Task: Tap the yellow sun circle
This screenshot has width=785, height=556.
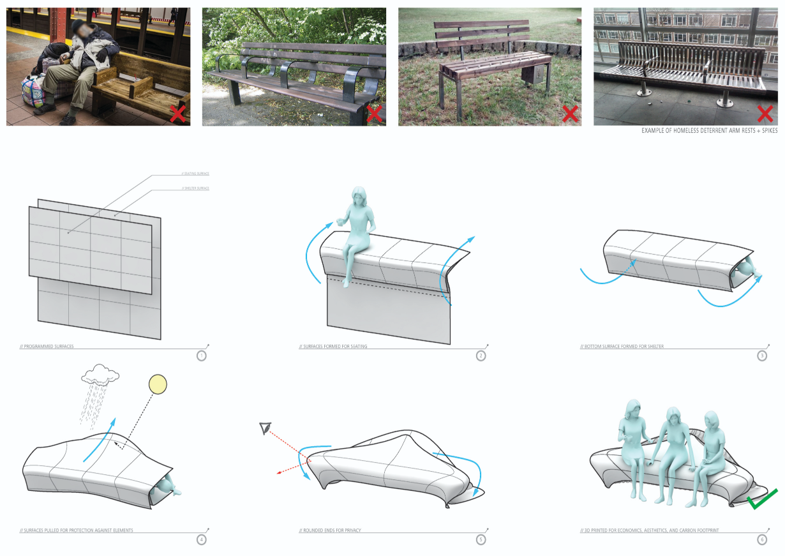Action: click(157, 385)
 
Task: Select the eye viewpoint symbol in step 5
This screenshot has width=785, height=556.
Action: click(265, 428)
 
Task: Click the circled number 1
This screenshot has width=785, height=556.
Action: click(202, 356)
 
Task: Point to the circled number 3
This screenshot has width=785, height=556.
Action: click(762, 356)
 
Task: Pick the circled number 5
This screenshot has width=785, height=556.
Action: click(481, 539)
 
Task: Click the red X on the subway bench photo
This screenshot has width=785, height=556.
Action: click(178, 114)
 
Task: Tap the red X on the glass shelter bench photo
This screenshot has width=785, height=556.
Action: click(765, 114)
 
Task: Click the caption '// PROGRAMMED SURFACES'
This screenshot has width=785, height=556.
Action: click(47, 347)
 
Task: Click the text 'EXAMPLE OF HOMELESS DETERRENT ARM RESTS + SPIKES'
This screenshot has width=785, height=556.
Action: click(709, 131)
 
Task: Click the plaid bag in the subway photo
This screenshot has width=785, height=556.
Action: click(33, 89)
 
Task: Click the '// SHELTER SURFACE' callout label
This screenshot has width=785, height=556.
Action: click(197, 188)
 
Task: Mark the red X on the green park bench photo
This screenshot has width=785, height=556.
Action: click(374, 114)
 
